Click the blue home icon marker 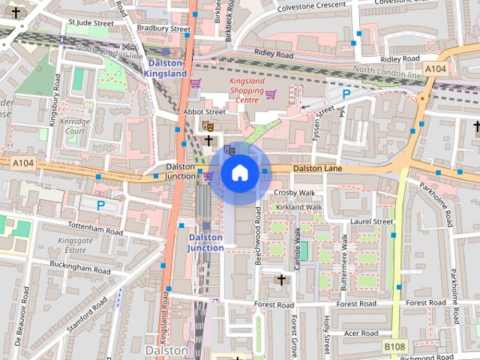coord(239,173)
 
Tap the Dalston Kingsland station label coord(164,69)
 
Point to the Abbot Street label coord(204,112)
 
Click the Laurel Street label coord(371,222)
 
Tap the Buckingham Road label coord(80,266)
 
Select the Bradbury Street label coord(163,28)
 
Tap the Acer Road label coord(360,332)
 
